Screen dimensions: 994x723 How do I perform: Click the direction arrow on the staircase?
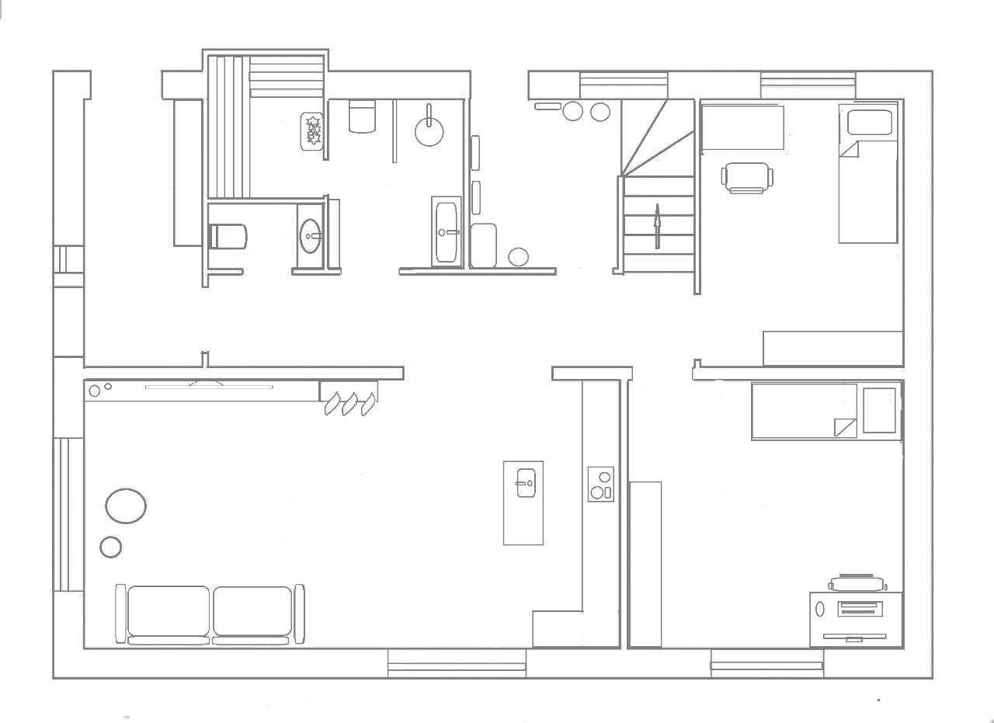coord(657,225)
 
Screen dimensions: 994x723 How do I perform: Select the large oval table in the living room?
coord(125,506)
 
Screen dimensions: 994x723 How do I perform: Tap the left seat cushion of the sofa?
coord(169,611)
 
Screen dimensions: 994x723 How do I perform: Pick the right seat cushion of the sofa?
coord(252,611)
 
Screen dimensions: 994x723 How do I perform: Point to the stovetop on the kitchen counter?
coord(600,484)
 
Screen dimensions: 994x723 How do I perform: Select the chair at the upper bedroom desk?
coord(747,176)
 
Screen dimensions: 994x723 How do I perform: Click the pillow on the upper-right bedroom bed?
coord(869,122)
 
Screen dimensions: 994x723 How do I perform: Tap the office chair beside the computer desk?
coord(857,582)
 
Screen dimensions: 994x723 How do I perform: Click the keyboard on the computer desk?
coord(860,609)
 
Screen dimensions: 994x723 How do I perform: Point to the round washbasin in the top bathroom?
coord(429,131)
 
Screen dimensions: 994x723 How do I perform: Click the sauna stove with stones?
coord(313,130)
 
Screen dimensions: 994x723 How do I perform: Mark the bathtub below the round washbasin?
coord(447,231)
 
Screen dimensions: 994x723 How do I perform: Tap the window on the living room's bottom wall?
coord(457,665)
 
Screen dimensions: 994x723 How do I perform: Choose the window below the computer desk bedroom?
coord(766,665)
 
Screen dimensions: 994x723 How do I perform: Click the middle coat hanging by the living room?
coord(350,404)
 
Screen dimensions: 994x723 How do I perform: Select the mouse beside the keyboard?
coord(820,610)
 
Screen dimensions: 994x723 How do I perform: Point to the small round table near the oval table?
coord(111,547)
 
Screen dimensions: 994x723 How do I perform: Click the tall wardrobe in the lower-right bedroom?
coord(645,564)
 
